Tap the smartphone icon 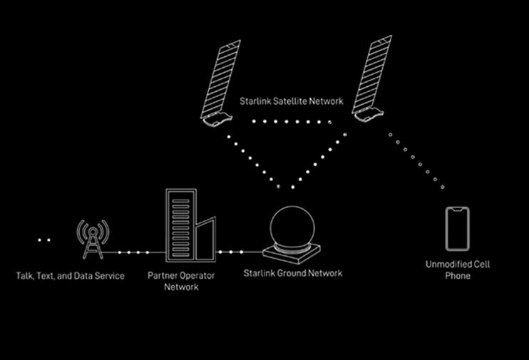pos(458,228)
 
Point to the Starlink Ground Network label pos(292,273)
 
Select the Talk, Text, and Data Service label pos(71,275)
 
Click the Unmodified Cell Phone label pos(458,269)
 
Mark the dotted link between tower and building pos(131,252)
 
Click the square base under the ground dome pos(292,252)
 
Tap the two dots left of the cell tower pos(44,240)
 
